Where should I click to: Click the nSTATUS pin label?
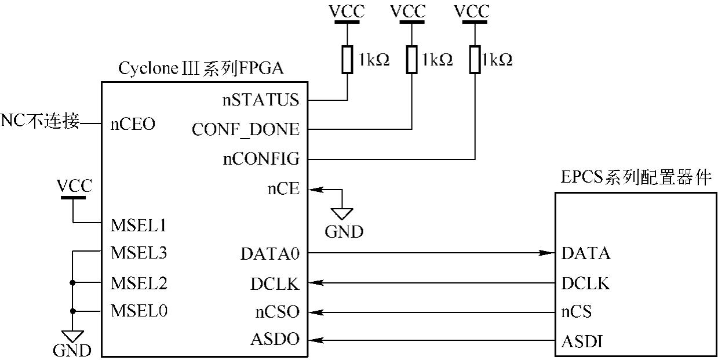tap(261, 100)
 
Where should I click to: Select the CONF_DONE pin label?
tap(246, 129)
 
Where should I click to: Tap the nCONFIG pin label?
tap(261, 159)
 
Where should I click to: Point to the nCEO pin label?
tap(133, 124)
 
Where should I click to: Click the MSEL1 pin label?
tap(139, 224)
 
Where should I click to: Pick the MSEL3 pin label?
tap(139, 253)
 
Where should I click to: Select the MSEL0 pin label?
tap(139, 311)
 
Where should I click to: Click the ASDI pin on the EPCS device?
tap(582, 342)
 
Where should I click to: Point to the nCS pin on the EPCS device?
tap(576, 312)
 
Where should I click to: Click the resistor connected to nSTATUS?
tap(347, 60)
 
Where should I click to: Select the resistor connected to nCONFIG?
tap(475, 60)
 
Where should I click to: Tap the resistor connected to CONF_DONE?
tap(411, 60)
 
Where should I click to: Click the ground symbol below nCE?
tap(342, 213)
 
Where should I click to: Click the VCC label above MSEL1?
tap(74, 187)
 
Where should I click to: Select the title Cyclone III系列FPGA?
tap(201, 68)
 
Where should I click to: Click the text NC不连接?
tap(40, 122)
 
